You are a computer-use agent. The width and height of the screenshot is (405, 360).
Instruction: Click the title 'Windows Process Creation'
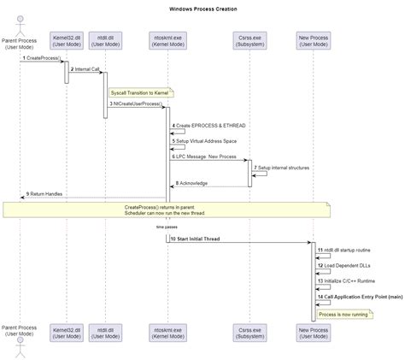(202, 9)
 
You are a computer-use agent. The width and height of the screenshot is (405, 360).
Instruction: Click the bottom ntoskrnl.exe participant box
(167, 333)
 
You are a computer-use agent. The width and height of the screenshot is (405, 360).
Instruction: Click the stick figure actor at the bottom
(19, 347)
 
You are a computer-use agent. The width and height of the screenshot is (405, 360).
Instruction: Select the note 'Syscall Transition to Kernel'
(141, 91)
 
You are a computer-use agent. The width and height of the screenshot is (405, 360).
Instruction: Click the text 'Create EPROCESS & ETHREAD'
(210, 126)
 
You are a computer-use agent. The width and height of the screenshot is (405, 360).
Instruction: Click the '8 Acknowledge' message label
(194, 183)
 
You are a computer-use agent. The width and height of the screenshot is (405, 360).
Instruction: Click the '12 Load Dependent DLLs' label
(345, 265)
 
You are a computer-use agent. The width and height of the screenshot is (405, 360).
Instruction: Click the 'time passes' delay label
(166, 227)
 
